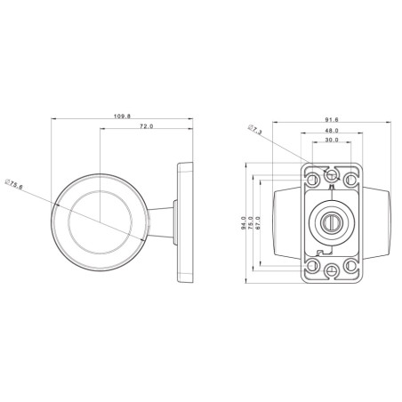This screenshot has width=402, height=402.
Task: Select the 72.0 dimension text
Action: point(148,127)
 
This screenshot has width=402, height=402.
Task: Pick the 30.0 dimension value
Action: point(332,141)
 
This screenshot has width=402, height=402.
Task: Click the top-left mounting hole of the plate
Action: point(312,180)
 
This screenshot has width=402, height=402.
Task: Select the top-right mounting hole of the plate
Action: point(351,180)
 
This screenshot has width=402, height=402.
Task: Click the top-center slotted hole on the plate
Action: point(332,174)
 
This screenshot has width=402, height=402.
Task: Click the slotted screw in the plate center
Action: point(332,221)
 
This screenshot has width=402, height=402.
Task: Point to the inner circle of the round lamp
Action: point(100,221)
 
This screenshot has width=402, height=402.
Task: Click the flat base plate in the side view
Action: point(187,220)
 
